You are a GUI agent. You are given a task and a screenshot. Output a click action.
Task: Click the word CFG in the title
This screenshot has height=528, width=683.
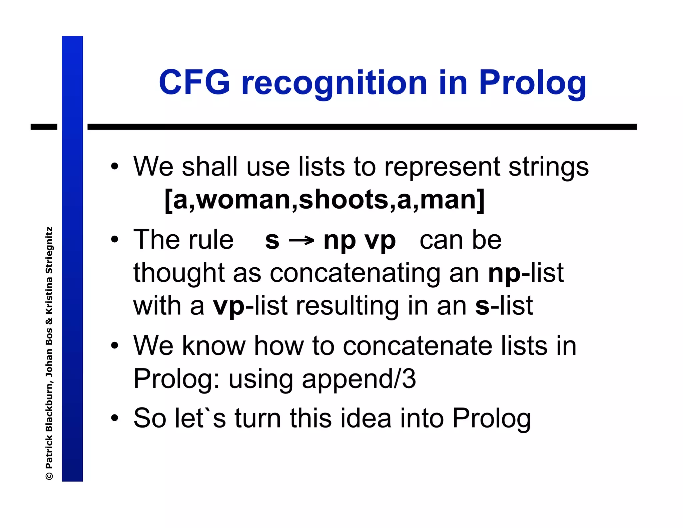click(194, 82)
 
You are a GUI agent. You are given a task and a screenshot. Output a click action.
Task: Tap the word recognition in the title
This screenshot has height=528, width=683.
click(334, 83)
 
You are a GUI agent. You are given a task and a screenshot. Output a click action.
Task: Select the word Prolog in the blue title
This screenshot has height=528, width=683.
click(532, 83)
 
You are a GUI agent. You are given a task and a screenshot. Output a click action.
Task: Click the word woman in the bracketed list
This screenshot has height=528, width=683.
click(244, 200)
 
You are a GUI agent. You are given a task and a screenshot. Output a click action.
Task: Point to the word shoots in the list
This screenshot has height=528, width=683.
click(343, 200)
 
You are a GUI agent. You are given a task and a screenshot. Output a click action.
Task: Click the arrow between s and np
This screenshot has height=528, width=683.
click(301, 241)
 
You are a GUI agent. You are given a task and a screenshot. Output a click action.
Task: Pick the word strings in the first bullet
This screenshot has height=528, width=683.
click(548, 167)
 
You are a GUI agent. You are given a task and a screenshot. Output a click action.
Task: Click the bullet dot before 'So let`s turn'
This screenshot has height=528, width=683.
click(115, 418)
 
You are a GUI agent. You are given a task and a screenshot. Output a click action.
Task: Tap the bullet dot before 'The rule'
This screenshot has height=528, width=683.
click(115, 240)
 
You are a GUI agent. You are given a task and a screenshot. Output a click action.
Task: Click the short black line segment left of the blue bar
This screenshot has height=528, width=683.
click(44, 127)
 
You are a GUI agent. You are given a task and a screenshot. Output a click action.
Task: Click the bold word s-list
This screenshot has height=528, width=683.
click(504, 306)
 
